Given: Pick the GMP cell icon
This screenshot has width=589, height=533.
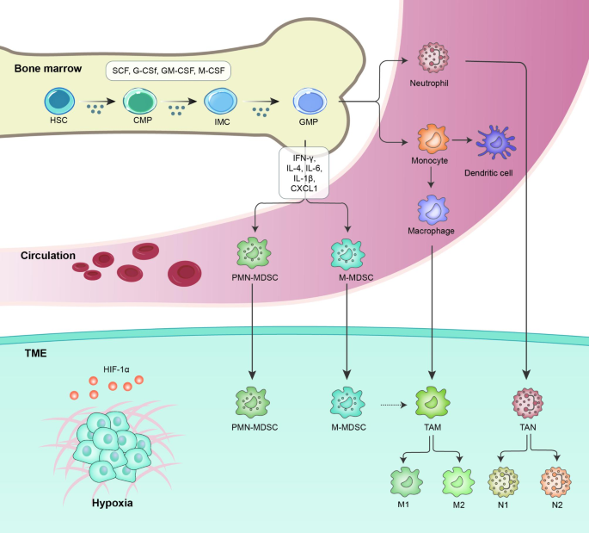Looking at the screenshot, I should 308,101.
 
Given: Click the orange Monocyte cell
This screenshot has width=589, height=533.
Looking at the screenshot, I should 433,139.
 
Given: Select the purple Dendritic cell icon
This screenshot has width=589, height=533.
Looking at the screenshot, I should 497,141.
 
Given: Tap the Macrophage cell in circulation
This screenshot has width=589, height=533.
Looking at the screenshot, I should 433,209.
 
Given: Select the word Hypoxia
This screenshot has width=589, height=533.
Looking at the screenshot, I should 112,499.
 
